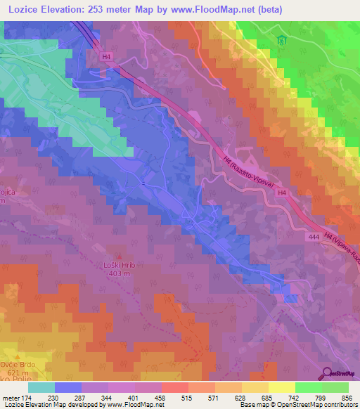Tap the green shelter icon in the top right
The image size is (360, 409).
coord(282,40)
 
